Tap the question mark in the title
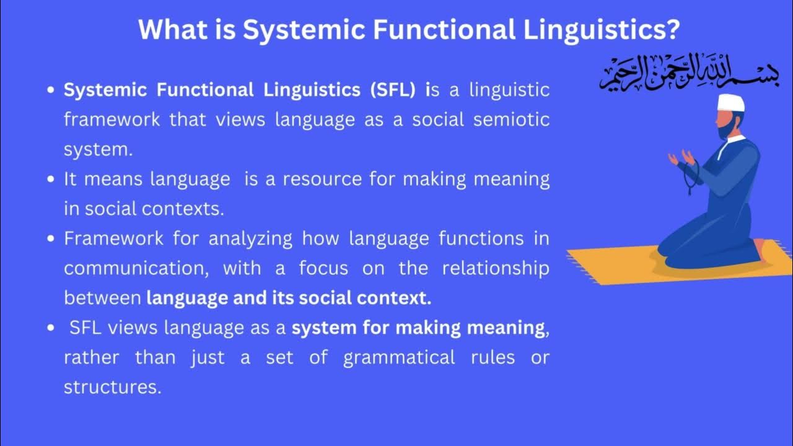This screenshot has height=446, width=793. click(x=672, y=30)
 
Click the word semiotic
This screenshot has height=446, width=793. click(x=512, y=120)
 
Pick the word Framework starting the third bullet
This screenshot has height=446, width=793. click(x=113, y=238)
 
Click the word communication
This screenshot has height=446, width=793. click(x=138, y=268)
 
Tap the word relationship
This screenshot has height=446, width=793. click(x=496, y=268)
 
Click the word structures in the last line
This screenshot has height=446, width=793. click(x=112, y=387)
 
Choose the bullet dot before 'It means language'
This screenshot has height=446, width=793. click(x=52, y=180)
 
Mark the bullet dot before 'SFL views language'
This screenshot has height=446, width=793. click(x=52, y=328)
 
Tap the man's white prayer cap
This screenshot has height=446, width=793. click(x=732, y=103)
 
